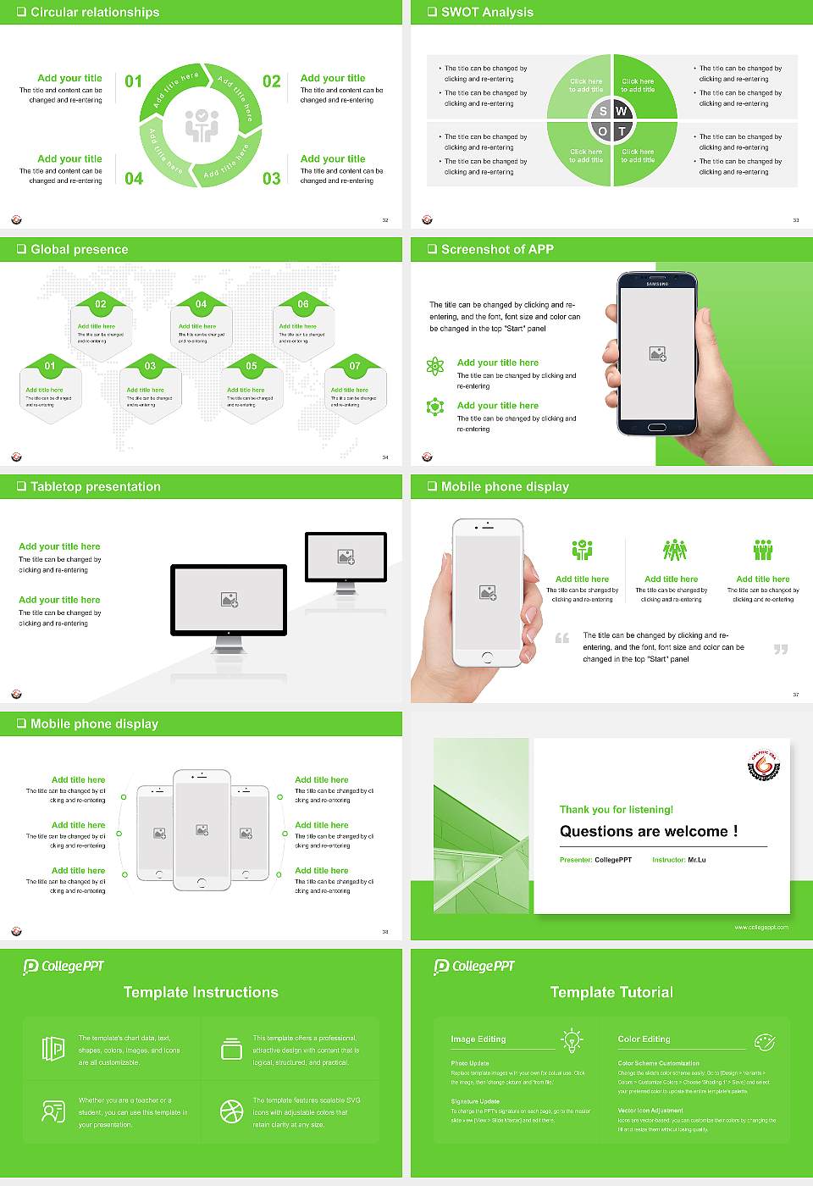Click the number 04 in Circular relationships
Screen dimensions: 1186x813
pos(134,178)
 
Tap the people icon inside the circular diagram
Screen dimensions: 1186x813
pos(202,125)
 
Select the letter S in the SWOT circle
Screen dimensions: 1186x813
pos(603,111)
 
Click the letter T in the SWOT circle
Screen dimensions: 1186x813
pos(622,131)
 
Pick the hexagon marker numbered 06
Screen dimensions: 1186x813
pos(303,304)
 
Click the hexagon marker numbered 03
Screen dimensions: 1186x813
pos(150,366)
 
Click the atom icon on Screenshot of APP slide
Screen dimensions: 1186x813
pos(435,366)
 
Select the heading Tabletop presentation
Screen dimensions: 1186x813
pos(95,486)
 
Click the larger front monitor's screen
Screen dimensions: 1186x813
pos(229,600)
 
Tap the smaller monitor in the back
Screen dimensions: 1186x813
pos(346,557)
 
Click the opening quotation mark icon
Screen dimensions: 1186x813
pos(562,638)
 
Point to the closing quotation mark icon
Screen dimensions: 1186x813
pos(781,649)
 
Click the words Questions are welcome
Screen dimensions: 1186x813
pos(648,831)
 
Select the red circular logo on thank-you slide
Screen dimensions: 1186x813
pos(763,765)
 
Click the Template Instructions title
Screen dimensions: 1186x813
pos(201,992)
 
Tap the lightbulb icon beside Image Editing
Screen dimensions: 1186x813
pos(572,1039)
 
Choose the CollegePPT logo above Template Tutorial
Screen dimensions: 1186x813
pos(474,966)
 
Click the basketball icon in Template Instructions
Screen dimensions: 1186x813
pos(231,1111)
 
